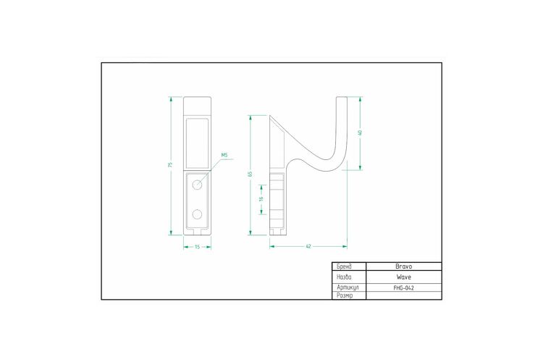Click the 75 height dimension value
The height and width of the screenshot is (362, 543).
point(169,164)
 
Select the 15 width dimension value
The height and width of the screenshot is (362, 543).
point(198,247)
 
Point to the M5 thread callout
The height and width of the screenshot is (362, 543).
point(224,155)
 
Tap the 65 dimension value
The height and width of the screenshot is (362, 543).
point(250,174)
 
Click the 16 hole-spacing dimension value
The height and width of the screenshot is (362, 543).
point(261,199)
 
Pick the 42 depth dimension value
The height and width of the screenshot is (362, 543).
point(308,247)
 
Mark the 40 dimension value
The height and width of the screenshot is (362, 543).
point(360,132)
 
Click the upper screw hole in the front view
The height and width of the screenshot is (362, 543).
point(197,185)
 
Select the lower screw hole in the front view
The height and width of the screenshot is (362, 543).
point(197,215)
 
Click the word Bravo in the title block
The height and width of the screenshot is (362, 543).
point(404,266)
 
